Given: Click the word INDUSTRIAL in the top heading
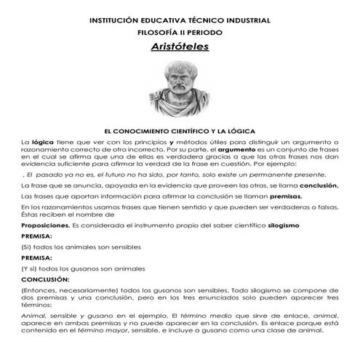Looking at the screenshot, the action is coord(244,20).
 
